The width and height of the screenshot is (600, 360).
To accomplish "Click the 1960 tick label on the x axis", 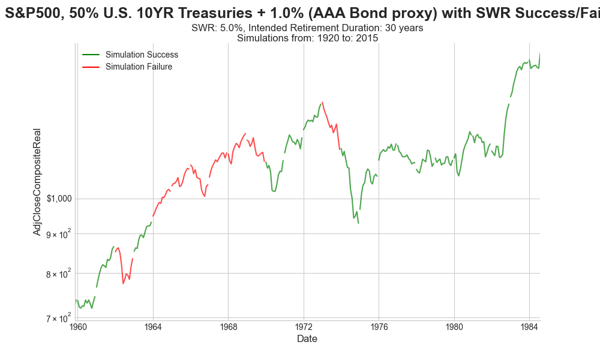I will pyautogui.click(x=77, y=327).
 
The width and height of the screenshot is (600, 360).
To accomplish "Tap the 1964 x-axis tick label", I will pyautogui.click(x=153, y=327).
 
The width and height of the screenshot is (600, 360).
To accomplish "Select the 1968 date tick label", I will pyautogui.click(x=228, y=327).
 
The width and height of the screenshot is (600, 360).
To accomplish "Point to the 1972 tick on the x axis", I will pyautogui.click(x=304, y=327).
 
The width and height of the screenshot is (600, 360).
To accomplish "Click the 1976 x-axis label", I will pyautogui.click(x=379, y=327).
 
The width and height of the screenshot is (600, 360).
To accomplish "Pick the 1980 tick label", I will pyautogui.click(x=454, y=327).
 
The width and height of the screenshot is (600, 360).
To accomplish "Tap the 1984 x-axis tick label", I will pyautogui.click(x=529, y=327).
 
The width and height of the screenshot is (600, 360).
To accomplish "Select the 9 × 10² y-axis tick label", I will pyautogui.click(x=57, y=233).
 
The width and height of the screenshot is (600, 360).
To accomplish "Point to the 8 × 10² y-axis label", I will pyautogui.click(x=57, y=273).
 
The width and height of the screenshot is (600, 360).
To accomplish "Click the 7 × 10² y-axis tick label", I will pyautogui.click(x=57, y=318).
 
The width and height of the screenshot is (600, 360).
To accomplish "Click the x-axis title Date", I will pyautogui.click(x=307, y=339).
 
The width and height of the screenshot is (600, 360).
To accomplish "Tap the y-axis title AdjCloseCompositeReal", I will pyautogui.click(x=37, y=181).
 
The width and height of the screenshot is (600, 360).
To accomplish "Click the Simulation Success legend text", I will pyautogui.click(x=142, y=55).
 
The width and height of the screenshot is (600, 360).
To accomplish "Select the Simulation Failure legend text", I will pyautogui.click(x=139, y=67).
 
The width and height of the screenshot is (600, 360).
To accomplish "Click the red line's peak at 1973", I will pyautogui.click(x=322, y=102).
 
